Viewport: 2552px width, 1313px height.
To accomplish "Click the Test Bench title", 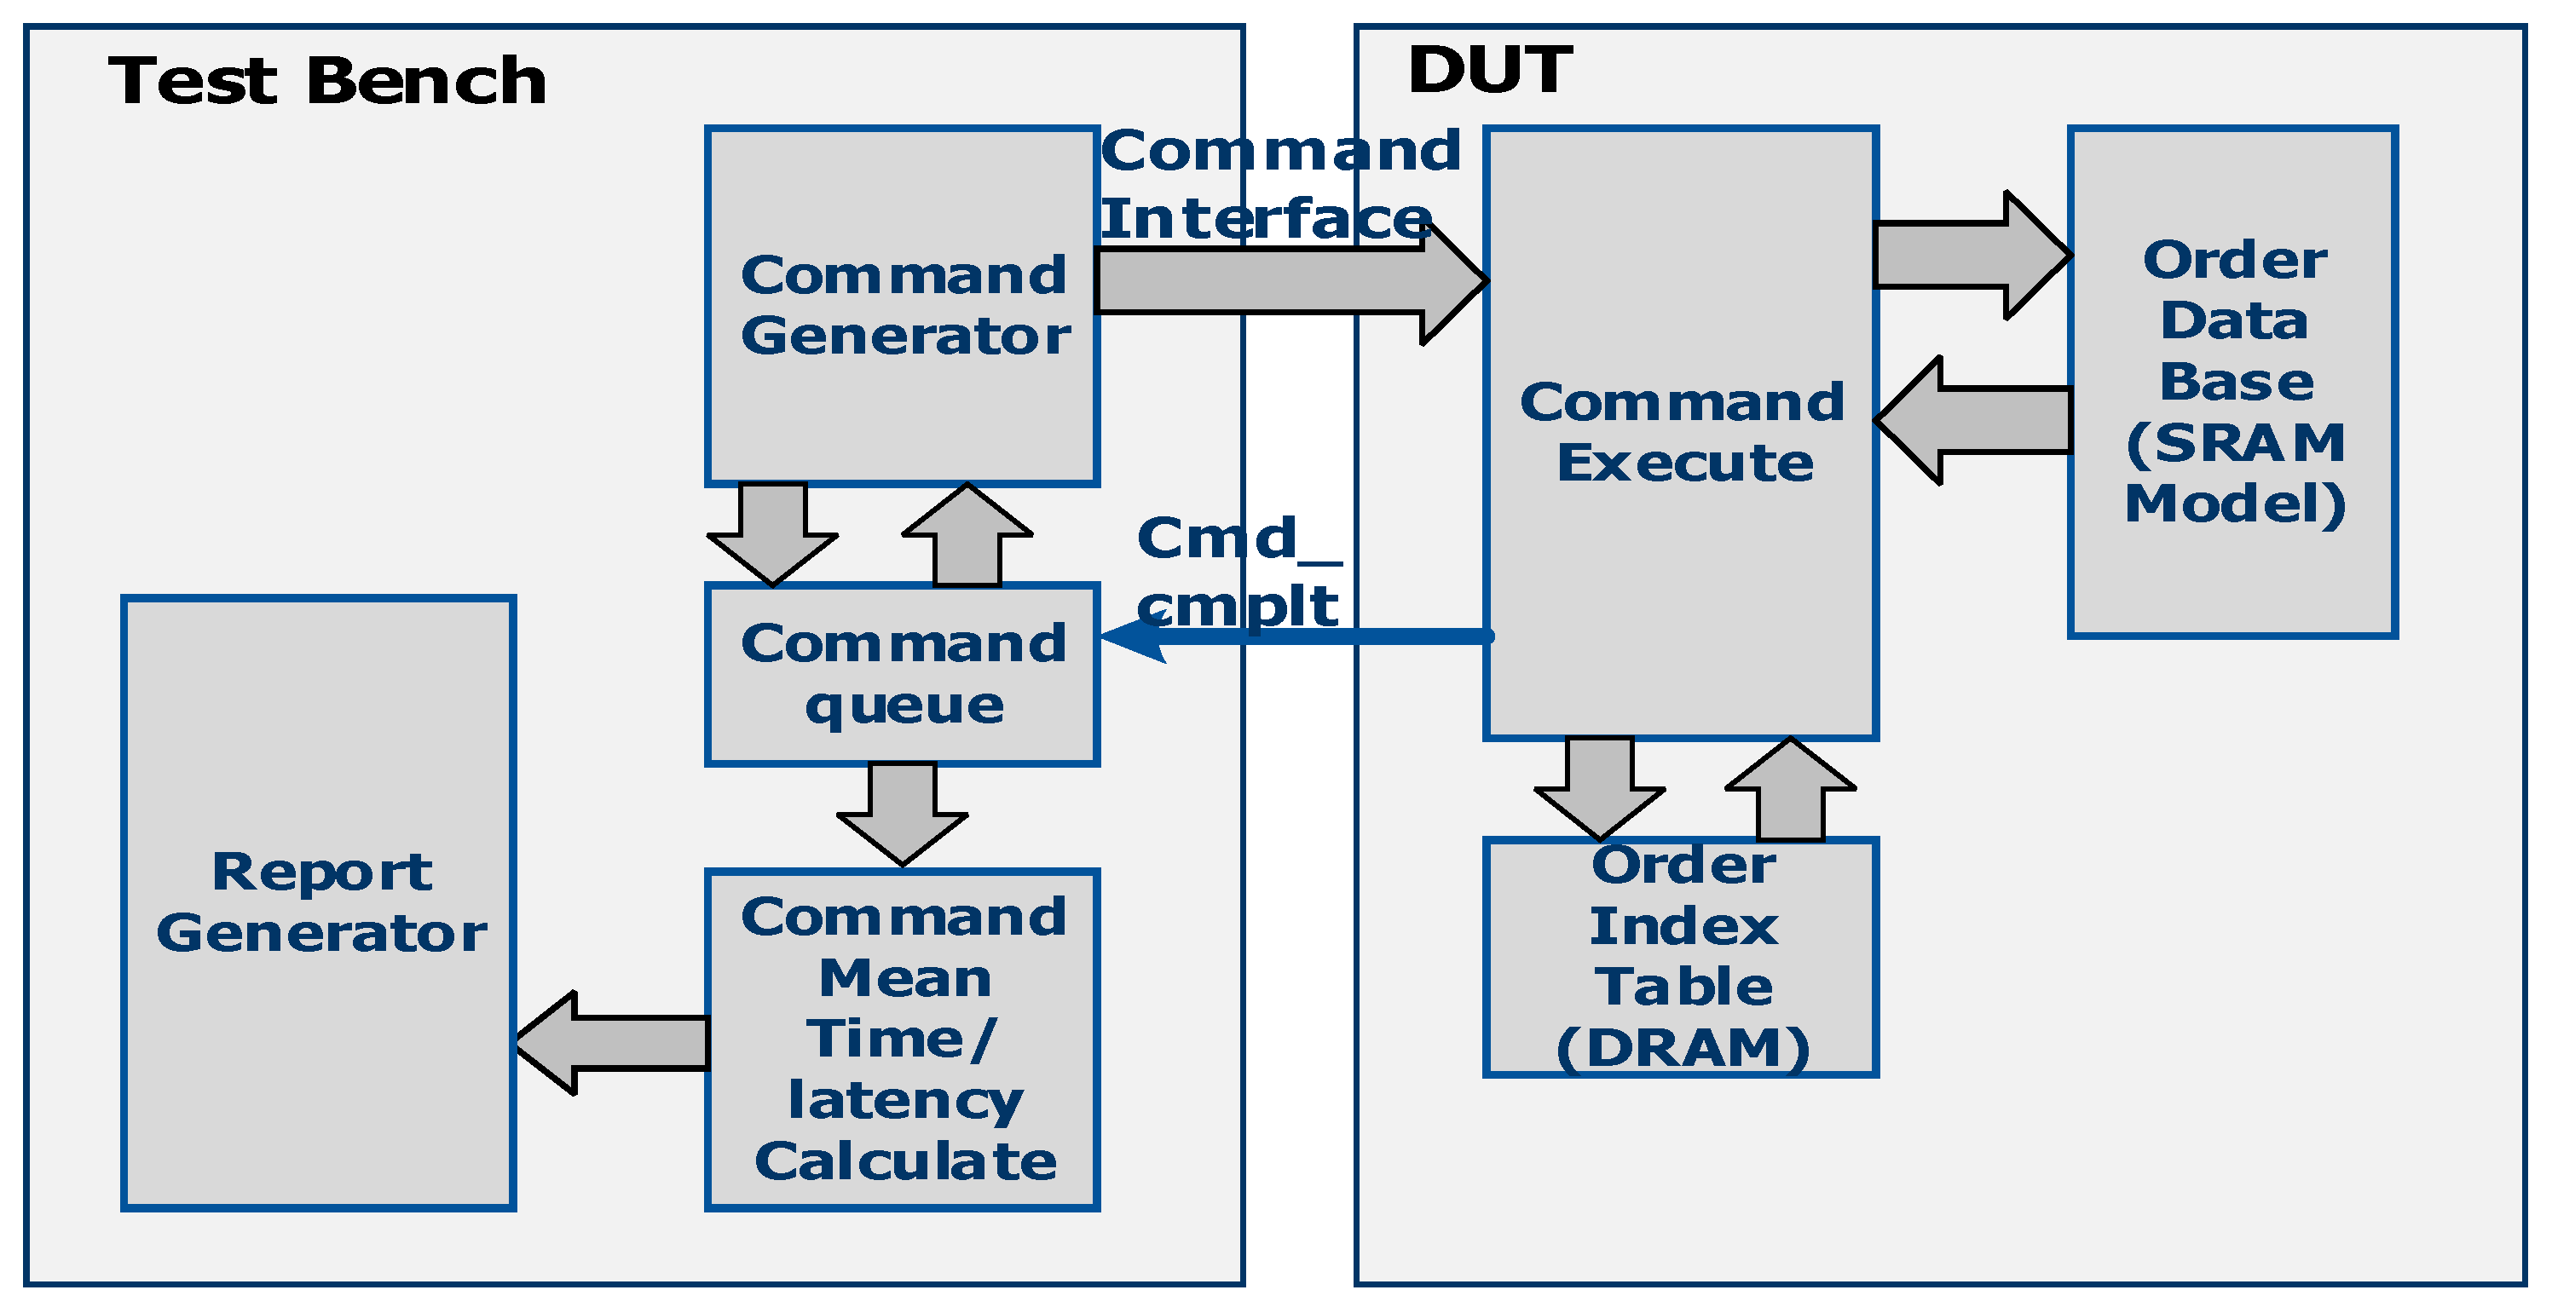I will (x=327, y=81).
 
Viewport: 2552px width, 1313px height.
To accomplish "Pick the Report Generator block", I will (x=319, y=903).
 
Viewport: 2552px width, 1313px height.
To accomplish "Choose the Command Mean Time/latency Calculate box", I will (x=903, y=1039).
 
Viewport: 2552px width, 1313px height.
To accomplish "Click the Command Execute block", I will (x=1680, y=433).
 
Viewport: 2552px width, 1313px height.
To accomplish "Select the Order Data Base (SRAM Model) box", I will (x=2233, y=381).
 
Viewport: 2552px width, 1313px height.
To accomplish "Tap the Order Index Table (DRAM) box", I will (x=1680, y=958).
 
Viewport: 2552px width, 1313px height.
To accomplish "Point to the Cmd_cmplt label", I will (x=1238, y=572).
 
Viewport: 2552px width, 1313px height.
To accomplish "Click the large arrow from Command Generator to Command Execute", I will (x=1288, y=282).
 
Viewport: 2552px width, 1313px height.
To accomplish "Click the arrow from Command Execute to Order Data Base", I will (x=1972, y=256).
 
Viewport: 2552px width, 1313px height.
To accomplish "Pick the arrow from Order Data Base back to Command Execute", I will (x=1972, y=421).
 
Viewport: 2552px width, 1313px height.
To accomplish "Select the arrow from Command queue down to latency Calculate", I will (x=902, y=812).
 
